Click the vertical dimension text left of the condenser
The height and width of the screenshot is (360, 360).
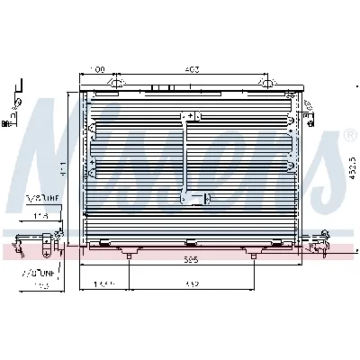click(x=61, y=167)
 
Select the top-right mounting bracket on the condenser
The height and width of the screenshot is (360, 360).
click(x=266, y=85)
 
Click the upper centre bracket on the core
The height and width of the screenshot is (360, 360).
click(x=189, y=117)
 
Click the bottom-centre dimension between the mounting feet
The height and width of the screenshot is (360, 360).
click(x=191, y=286)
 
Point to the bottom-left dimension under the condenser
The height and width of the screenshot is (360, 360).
click(x=104, y=286)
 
